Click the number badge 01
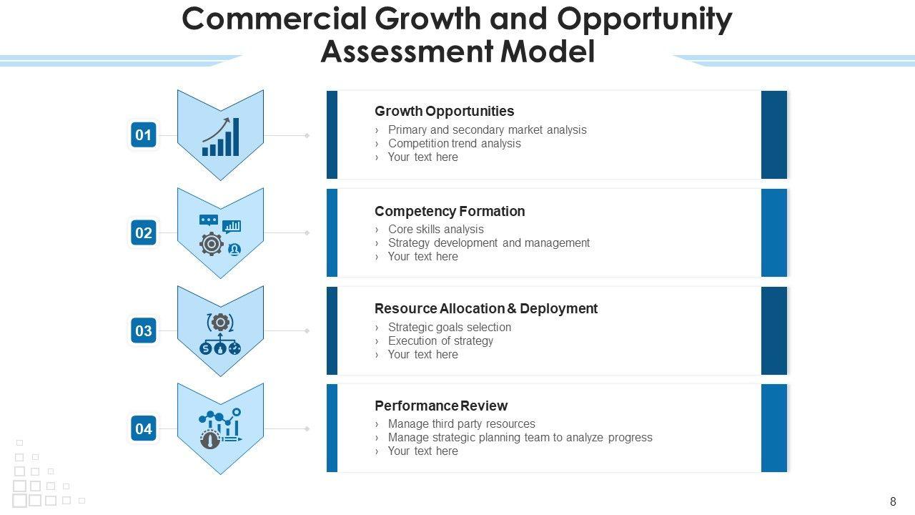pos(144,134)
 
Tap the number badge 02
pos(144,232)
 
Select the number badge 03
pos(144,330)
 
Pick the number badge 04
pos(144,428)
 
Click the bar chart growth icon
pos(221,137)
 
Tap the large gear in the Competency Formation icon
pos(211,244)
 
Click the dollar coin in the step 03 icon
pos(205,348)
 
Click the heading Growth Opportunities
pos(444,111)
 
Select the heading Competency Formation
pos(450,211)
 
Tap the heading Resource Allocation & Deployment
pos(486,308)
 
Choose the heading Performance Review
pos(441,406)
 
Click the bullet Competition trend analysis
pos(454,144)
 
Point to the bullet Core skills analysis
pos(436,230)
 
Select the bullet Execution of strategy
pos(440,341)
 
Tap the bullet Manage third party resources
pos(462,424)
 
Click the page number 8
pos(893,501)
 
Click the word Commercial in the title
pos(274,19)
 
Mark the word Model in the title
pos(548,51)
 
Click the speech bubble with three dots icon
pos(208,220)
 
